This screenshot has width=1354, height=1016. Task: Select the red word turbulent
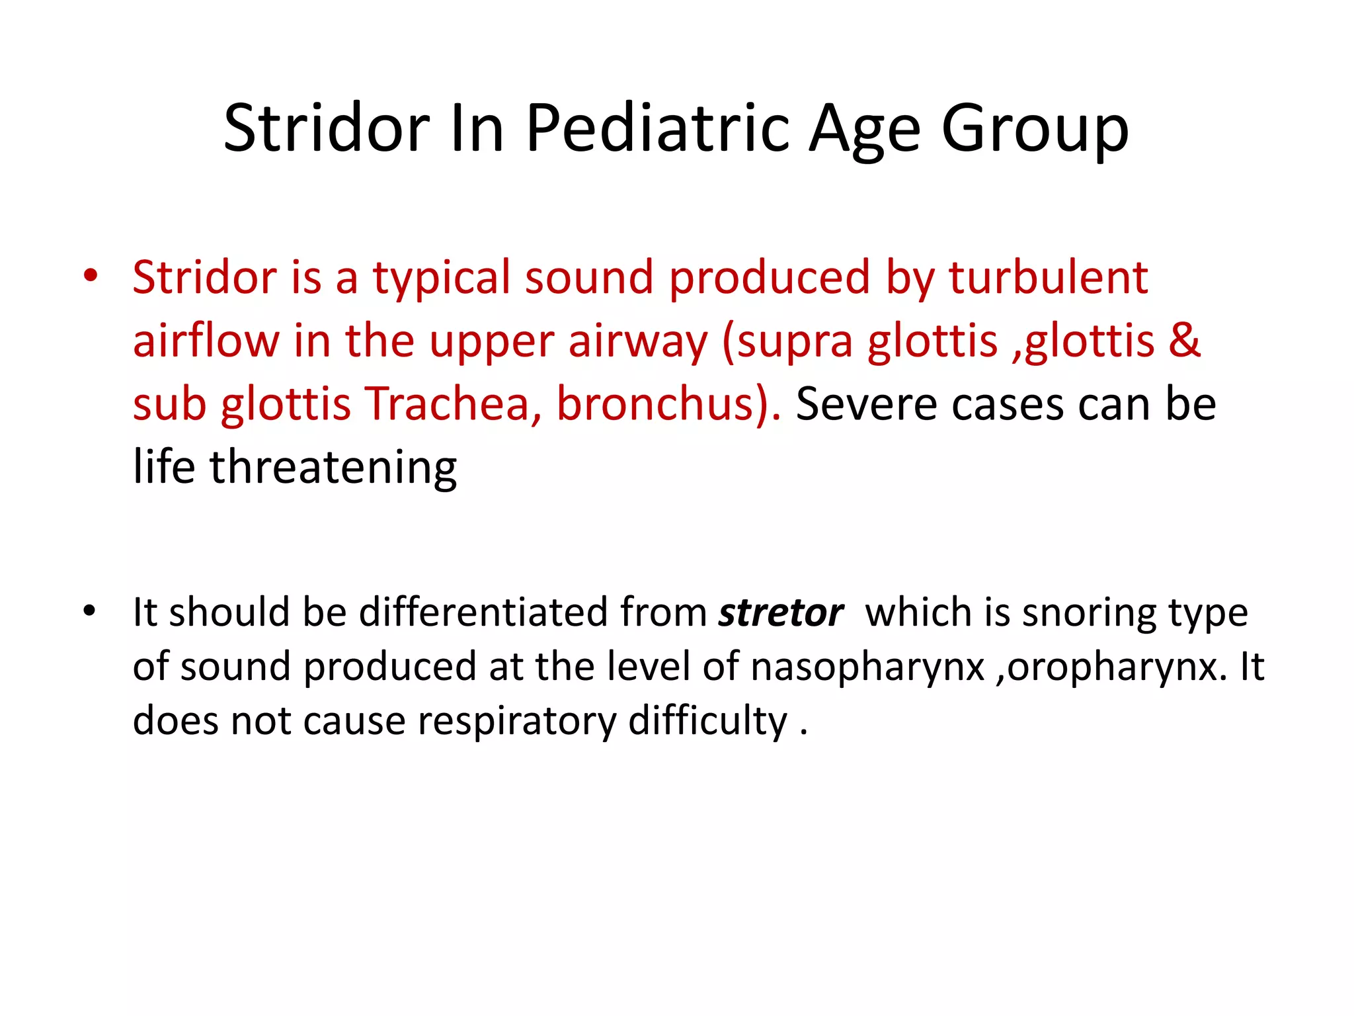pyautogui.click(x=1048, y=278)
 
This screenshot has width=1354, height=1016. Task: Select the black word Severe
pyautogui.click(x=865, y=404)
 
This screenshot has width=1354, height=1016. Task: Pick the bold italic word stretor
pyautogui.click(x=781, y=613)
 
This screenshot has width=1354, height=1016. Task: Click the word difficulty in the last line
pyautogui.click(x=707, y=721)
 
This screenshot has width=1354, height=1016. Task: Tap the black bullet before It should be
pyautogui.click(x=89, y=610)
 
